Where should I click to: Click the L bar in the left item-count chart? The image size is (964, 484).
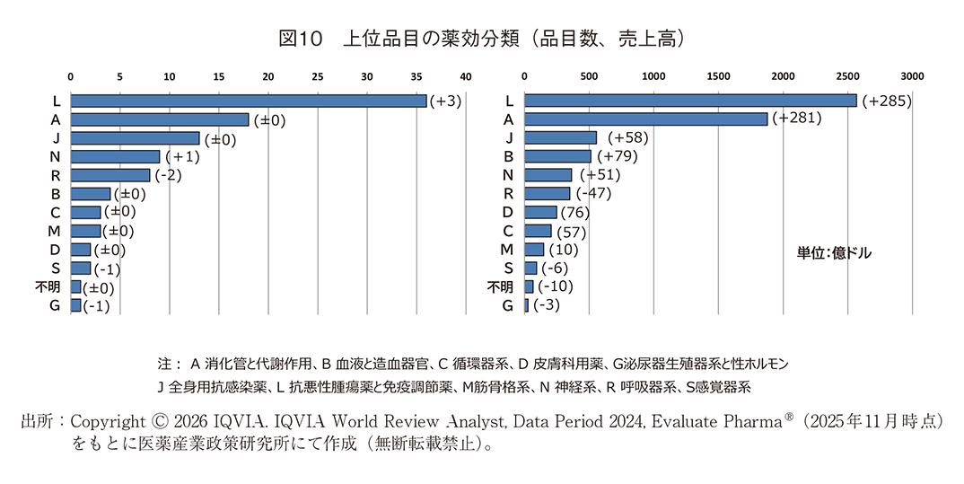point(249,101)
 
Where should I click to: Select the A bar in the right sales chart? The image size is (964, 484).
point(646,119)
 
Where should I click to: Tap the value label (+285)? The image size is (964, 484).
point(886,101)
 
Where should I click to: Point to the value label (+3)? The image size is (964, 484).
point(445,101)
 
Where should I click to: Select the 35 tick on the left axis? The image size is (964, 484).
point(416,76)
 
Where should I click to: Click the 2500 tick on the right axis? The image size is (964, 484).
point(847,76)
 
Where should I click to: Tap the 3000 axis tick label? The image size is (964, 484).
point(912,76)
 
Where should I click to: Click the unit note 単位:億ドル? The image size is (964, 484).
point(834,254)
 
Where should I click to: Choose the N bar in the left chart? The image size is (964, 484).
point(115,156)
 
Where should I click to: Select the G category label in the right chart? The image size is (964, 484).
point(508,306)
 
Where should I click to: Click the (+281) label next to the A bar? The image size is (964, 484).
point(797,119)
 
